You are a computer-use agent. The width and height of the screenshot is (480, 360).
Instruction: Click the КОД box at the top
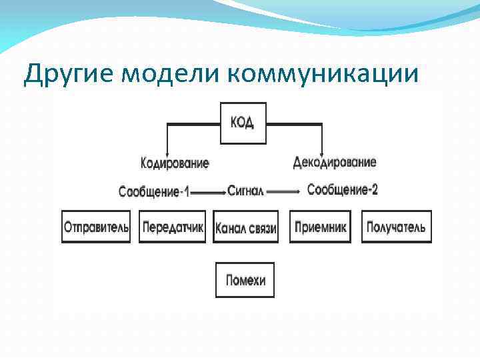pos(243,123)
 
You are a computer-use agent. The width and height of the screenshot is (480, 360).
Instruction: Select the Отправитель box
pos(96,227)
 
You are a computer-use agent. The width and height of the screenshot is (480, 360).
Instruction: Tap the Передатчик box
pos(172,227)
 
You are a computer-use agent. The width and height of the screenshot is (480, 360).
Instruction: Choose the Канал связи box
pos(245,227)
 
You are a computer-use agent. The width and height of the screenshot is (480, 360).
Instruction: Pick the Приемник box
pos(321,227)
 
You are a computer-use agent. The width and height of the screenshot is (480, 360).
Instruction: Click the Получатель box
pos(396,227)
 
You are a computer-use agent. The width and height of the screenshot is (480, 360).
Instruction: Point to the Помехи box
pos(245,280)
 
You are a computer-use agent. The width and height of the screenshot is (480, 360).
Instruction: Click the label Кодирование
pos(175,163)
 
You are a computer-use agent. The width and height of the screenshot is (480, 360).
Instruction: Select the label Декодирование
pos(335,162)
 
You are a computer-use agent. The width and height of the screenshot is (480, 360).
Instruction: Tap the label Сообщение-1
pos(154,192)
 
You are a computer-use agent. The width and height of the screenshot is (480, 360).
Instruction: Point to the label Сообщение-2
pos(343,190)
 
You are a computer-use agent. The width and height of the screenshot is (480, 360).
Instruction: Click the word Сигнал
pos(246,191)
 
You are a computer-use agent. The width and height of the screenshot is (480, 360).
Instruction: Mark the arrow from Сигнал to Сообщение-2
pos(285,192)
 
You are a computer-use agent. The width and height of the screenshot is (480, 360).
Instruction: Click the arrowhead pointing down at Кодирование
pos(166,152)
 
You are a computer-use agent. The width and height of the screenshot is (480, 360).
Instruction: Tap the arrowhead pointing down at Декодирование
pos(322,152)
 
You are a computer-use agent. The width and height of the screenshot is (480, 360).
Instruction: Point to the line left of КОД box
pos(193,123)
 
